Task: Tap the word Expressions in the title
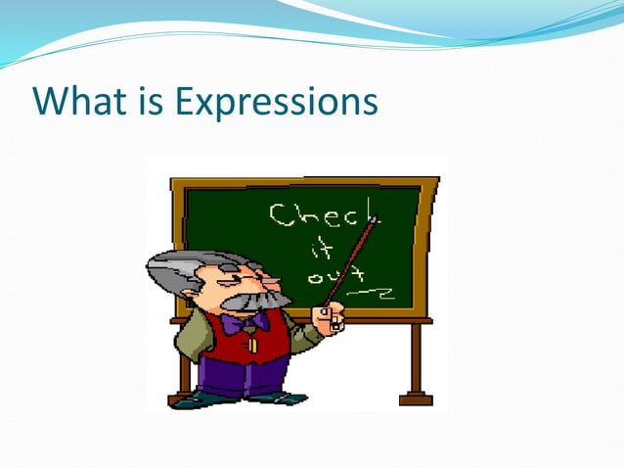276,102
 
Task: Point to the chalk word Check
324,214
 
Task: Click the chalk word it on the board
320,250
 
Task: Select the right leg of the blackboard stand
415,362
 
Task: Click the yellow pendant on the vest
251,344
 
